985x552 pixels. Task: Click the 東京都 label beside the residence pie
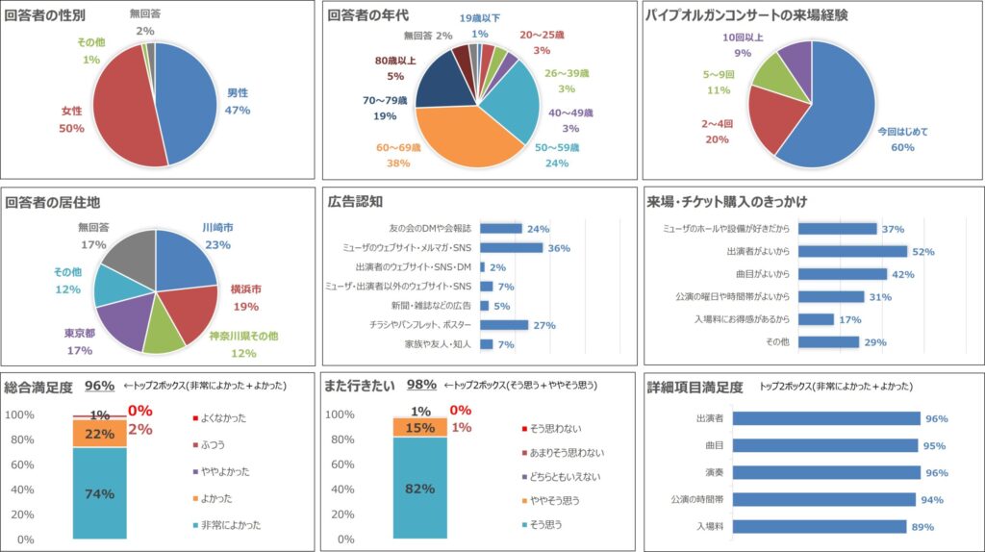(x=80, y=334)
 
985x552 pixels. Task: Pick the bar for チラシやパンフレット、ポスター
(x=503, y=325)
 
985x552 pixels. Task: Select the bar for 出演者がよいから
(x=853, y=251)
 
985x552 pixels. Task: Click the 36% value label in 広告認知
(x=559, y=248)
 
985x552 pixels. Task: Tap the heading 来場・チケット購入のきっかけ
(x=727, y=202)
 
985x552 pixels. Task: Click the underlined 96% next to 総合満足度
(x=99, y=386)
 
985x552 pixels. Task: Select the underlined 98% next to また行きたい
(x=421, y=386)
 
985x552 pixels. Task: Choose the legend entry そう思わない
(x=556, y=428)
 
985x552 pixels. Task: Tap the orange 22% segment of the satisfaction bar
(x=99, y=434)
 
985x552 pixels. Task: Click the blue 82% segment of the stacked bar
(x=419, y=488)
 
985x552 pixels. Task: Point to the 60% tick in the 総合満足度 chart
(x=20, y=464)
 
